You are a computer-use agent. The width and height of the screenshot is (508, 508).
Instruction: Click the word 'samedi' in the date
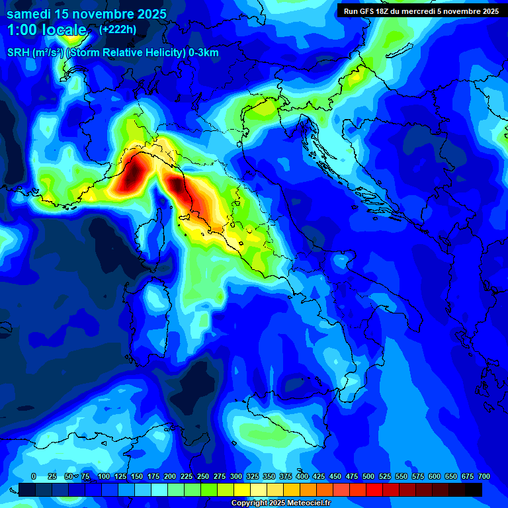tap(30, 14)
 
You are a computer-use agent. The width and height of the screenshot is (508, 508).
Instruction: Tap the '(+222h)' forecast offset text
tap(118, 29)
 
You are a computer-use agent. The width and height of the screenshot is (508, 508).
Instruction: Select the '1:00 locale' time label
tap(46, 30)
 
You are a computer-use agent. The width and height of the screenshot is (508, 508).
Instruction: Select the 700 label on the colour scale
tap(484, 476)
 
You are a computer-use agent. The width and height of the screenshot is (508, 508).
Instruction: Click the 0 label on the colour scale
tap(34, 476)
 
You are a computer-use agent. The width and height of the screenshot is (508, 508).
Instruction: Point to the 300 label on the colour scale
tap(236, 476)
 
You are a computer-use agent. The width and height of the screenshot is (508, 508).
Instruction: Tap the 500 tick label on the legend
tap(368, 476)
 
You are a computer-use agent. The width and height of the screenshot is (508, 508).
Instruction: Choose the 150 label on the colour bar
tap(137, 476)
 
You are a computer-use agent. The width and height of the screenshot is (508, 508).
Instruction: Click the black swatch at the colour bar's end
tap(473, 489)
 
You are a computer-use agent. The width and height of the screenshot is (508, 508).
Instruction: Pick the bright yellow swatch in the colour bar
tap(241, 489)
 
